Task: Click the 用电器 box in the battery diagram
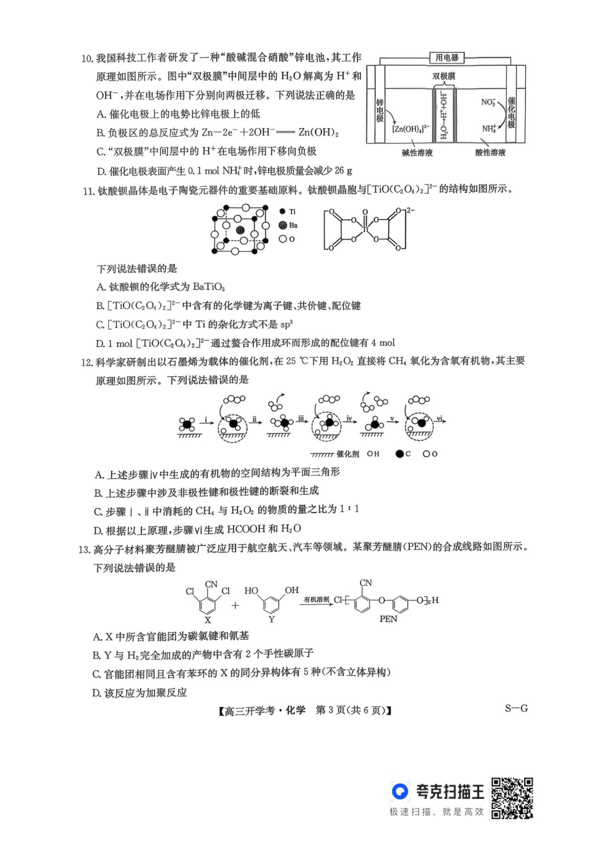click(447, 58)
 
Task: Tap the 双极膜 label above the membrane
click(444, 76)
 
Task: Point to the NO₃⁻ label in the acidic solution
click(488, 101)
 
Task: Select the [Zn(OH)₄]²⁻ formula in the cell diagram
click(411, 129)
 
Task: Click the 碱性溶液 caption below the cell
click(417, 153)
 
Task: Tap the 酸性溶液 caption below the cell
click(490, 153)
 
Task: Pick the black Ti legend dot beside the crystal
click(282, 211)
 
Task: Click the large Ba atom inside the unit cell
click(240, 230)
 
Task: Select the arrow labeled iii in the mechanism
click(301, 419)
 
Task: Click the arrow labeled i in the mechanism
click(205, 421)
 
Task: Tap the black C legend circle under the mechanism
click(399, 454)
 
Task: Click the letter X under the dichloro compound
click(207, 621)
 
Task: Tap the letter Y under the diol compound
click(271, 620)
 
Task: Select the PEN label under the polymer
click(388, 619)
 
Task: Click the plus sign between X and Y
click(235, 606)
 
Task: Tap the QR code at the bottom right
click(512, 798)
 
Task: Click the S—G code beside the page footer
click(516, 708)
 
